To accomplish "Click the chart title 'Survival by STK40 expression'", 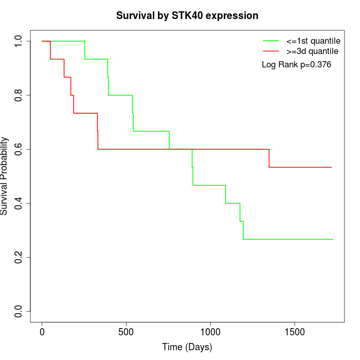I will [187, 16].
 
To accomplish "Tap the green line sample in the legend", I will [271, 41].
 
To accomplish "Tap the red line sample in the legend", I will [271, 51].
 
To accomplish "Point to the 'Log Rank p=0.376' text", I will [296, 65].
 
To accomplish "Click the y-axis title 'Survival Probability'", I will [5, 175].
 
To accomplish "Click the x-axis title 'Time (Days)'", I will [187, 347].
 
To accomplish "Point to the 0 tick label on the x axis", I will [42, 332].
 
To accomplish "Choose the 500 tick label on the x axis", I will [126, 332].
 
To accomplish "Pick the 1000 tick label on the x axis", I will [210, 332].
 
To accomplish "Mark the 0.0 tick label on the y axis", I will [19, 311].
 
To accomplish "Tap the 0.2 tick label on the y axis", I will [19, 257].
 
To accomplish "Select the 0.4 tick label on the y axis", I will [19, 203].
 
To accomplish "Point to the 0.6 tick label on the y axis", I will [19, 149].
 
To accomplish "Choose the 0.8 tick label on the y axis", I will [19, 95].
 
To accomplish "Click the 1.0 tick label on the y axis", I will [19, 41].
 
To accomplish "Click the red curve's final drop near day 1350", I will [269, 158].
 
